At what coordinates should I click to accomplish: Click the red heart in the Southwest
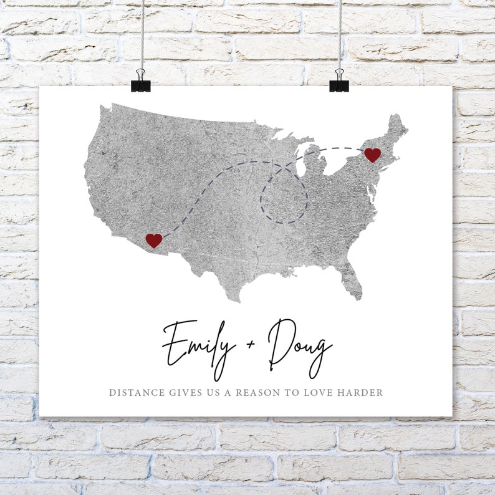click(153, 240)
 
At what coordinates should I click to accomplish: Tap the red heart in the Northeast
click(372, 155)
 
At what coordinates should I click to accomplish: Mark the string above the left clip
click(142, 31)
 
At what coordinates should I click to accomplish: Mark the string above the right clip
click(340, 31)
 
